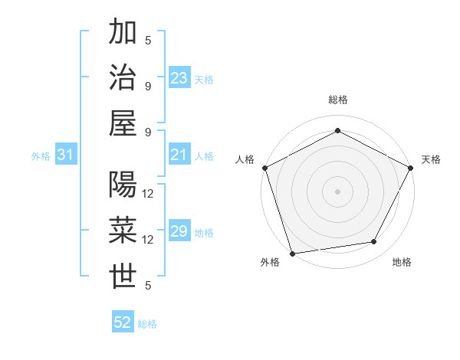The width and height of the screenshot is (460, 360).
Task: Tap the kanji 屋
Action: click(x=123, y=123)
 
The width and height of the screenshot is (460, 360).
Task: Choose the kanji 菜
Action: click(x=123, y=231)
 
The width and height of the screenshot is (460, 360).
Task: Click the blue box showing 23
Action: click(x=179, y=78)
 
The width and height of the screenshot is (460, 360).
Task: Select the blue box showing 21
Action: click(x=179, y=155)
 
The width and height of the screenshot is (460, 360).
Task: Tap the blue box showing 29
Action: click(x=179, y=232)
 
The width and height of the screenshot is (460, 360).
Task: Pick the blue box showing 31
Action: click(x=66, y=155)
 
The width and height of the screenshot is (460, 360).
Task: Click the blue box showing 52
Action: click(x=123, y=322)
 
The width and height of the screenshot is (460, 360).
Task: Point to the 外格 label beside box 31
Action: click(x=41, y=156)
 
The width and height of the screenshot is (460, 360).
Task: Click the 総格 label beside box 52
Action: click(x=147, y=324)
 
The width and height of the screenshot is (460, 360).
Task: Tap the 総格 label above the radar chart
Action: click(x=337, y=100)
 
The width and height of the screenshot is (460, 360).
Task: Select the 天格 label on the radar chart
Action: click(x=431, y=159)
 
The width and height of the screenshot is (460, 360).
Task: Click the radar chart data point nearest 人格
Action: click(x=264, y=167)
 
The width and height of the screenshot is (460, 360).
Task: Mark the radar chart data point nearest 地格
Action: click(x=374, y=242)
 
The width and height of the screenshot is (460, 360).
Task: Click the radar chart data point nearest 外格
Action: click(x=292, y=253)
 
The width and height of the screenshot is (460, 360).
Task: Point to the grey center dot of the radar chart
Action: click(x=337, y=191)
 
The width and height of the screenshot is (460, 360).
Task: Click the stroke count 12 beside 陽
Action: click(x=149, y=193)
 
